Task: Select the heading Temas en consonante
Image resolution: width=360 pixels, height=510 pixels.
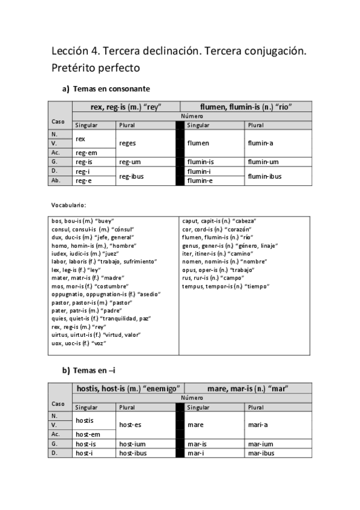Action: pyautogui.click(x=111, y=89)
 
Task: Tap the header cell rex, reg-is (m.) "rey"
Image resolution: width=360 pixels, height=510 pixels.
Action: pyautogui.click(x=126, y=106)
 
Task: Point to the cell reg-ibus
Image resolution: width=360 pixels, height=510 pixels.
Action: pyautogui.click(x=131, y=176)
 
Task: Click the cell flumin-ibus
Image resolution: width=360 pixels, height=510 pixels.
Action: pyautogui.click(x=265, y=176)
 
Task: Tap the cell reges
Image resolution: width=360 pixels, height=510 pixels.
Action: pyautogui.click(x=128, y=144)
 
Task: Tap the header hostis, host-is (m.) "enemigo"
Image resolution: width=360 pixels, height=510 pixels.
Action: pyautogui.click(x=129, y=389)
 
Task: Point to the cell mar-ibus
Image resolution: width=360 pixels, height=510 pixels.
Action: pyautogui.click(x=261, y=452)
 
